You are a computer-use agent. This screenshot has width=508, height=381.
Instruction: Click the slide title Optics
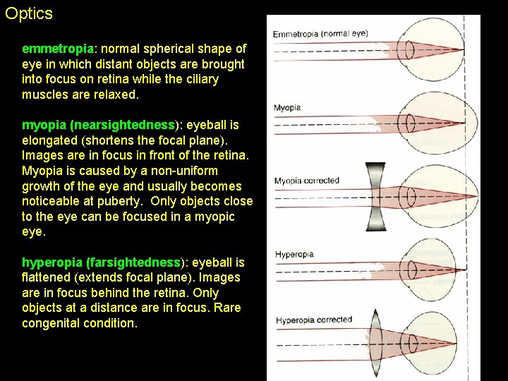(29, 13)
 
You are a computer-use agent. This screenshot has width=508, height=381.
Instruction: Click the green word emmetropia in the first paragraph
(57, 49)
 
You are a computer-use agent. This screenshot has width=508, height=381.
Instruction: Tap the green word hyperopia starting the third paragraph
(52, 262)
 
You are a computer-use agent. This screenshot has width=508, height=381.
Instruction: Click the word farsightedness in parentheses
(135, 262)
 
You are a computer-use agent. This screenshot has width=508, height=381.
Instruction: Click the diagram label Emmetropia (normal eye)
(320, 34)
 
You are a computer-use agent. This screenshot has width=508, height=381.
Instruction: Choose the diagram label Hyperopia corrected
(314, 320)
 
